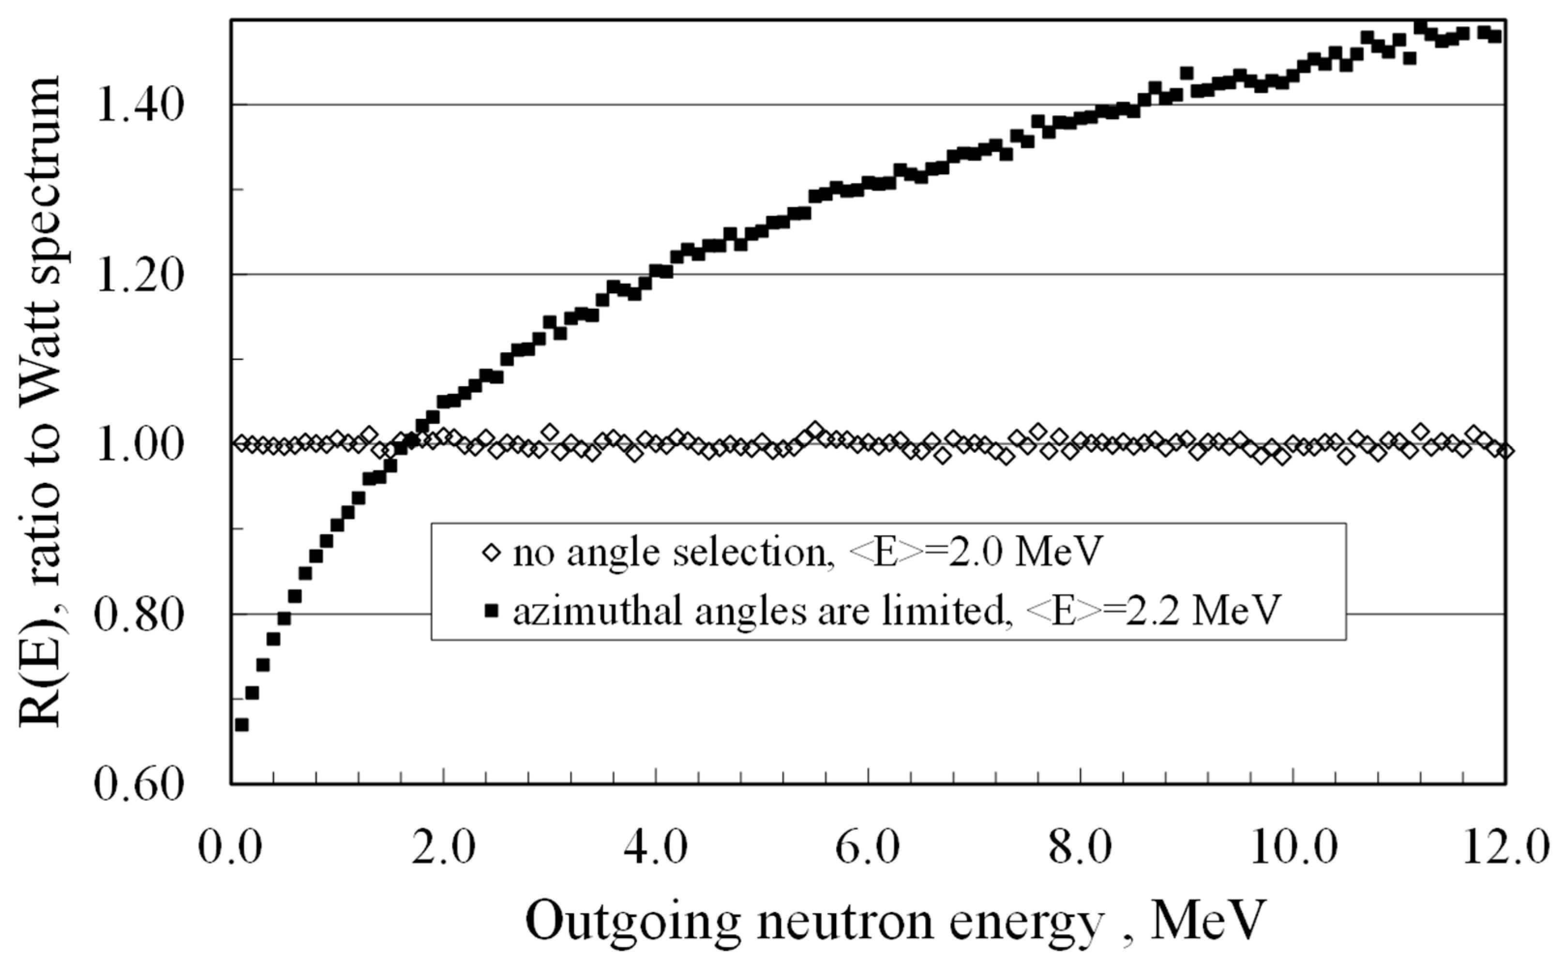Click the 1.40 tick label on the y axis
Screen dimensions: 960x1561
click(139, 105)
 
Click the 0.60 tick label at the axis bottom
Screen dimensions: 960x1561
click(139, 785)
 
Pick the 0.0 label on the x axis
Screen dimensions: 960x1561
click(230, 848)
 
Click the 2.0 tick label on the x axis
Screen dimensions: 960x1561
click(442, 848)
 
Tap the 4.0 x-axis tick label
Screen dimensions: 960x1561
click(655, 848)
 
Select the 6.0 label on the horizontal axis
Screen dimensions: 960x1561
click(867, 848)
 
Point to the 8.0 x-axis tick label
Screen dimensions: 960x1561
click(1079, 848)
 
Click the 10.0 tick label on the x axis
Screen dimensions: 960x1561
click(1292, 848)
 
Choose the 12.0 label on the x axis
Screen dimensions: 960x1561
click(1504, 848)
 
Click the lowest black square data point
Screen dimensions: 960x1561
click(241, 724)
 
